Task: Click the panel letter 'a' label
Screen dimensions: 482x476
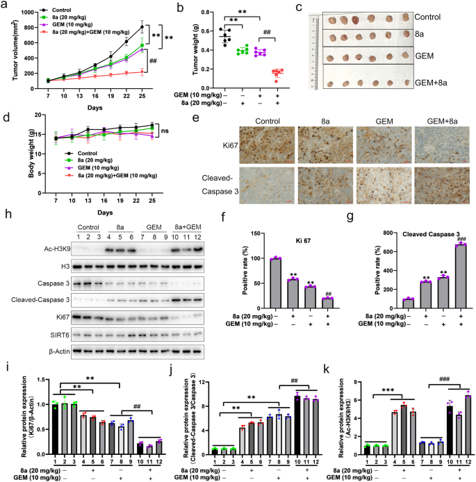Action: (x=5, y=7)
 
